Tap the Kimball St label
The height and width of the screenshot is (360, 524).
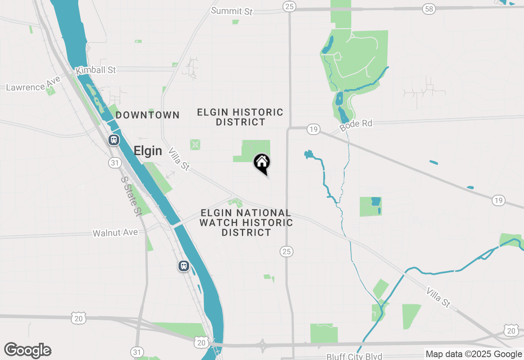tap(96, 70)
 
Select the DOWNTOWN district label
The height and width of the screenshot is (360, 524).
tap(147, 115)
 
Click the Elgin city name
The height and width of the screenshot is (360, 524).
tap(148, 151)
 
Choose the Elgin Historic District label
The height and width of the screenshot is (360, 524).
tap(240, 117)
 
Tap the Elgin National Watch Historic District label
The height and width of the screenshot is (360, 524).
tap(246, 223)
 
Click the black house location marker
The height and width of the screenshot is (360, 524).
tap(262, 163)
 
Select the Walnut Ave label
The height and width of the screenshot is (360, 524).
tap(115, 233)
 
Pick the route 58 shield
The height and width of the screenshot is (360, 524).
tap(429, 9)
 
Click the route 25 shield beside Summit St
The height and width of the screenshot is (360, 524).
tap(289, 6)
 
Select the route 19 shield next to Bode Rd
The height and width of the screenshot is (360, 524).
tap(313, 130)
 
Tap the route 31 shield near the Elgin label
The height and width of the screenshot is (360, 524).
tap(115, 163)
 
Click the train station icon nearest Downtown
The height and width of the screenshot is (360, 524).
tap(114, 140)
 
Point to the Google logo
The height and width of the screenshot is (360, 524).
tap(28, 350)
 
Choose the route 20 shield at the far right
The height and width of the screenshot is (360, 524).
tap(510, 331)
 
